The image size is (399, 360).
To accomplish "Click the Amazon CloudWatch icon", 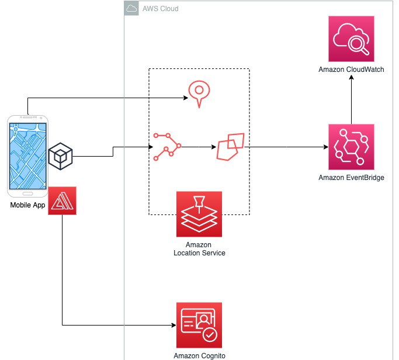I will (x=352, y=39).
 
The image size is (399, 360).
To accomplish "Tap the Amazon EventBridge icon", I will (x=352, y=146).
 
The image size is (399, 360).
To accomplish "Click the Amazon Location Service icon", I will (x=199, y=213).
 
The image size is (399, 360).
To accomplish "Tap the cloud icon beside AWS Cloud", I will (x=131, y=9).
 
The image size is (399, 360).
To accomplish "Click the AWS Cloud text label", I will (x=161, y=9).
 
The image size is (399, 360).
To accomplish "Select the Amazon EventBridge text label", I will (x=352, y=177).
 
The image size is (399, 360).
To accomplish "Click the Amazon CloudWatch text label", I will (x=352, y=70).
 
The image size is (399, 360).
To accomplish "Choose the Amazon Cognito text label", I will (x=199, y=355).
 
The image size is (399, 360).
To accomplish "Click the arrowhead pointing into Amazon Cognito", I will (x=173, y=325).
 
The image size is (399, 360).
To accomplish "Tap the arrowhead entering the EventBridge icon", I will (x=325, y=146).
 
